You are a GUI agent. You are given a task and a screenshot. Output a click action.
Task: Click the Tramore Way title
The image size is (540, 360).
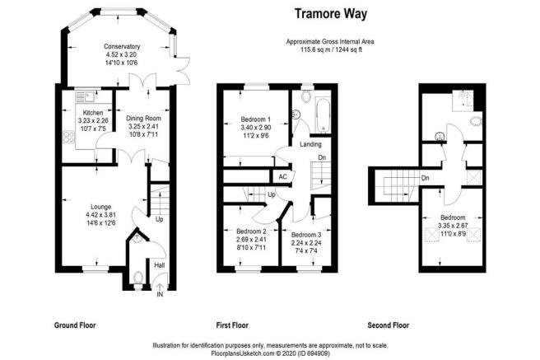(x=331, y=14)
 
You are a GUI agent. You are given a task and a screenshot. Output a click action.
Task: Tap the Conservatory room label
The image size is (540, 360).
(x=122, y=46)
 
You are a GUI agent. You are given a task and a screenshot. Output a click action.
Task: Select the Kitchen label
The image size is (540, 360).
(x=93, y=113)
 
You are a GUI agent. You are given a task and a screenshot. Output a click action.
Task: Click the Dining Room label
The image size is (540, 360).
(x=143, y=118)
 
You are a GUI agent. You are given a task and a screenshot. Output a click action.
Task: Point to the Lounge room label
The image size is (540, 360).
(x=101, y=207)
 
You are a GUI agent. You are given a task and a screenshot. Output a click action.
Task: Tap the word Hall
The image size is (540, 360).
(x=160, y=265)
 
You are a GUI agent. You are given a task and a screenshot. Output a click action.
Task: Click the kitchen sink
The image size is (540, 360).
(x=86, y=96)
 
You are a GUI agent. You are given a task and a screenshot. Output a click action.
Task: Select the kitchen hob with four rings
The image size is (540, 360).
(x=69, y=136)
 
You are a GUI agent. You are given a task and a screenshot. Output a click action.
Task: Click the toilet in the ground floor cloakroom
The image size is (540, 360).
(x=138, y=278)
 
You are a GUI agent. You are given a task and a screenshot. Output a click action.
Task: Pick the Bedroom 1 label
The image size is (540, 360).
(x=255, y=119)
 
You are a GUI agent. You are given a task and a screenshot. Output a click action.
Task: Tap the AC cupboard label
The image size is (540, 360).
(x=282, y=177)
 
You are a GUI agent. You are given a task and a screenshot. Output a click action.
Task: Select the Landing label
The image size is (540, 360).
(x=310, y=144)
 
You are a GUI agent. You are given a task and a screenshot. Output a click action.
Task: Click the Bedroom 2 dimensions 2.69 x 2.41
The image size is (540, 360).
(x=251, y=240)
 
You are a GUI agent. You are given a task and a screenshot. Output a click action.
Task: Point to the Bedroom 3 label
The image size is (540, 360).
(x=306, y=235)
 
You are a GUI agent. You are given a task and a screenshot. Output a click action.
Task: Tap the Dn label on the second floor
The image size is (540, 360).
(x=426, y=178)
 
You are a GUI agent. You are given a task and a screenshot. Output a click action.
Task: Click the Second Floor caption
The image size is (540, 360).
(x=389, y=325)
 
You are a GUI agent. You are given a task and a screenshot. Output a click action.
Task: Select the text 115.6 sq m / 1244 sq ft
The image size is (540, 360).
(x=331, y=49)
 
